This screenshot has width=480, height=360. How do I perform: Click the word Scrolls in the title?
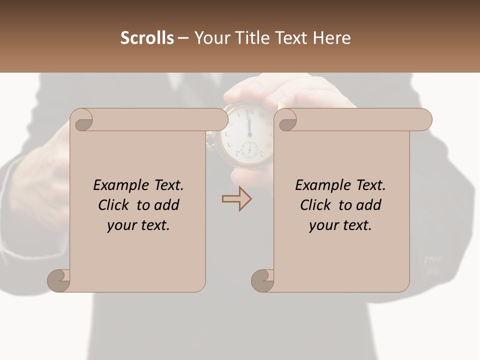pyautogui.click(x=147, y=38)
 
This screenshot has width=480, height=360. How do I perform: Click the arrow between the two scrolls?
pyautogui.click(x=237, y=199)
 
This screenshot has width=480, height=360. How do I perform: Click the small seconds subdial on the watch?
pyautogui.click(x=249, y=149)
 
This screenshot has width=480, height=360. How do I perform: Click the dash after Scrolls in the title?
pyautogui.click(x=183, y=38)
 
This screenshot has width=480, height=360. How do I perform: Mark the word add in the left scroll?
pyautogui.click(x=167, y=205)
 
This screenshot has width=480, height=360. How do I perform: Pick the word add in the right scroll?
pyautogui.click(x=369, y=205)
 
